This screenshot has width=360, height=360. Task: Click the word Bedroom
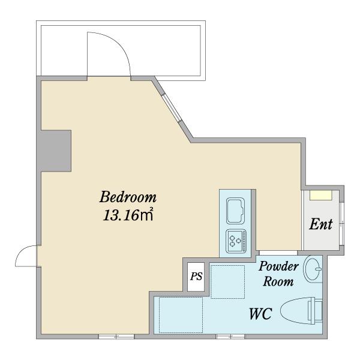pyautogui.click(x=128, y=197)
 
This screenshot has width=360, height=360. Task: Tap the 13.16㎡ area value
pyautogui.click(x=128, y=215)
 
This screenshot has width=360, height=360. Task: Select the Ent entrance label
pyautogui.click(x=321, y=224)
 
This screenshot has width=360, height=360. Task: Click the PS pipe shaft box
pyautogui.click(x=196, y=277)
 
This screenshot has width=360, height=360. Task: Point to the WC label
pyautogui.click(x=261, y=314)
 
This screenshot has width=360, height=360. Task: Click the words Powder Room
pyautogui.click(x=278, y=274)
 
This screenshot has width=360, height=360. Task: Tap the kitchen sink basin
pyautogui.click(x=235, y=211)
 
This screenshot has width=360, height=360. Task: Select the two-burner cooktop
pyautogui.click(x=236, y=241)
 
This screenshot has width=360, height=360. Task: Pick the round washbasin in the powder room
pyautogui.click(x=313, y=269)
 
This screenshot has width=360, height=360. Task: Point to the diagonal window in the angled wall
pyautogui.click(x=172, y=107)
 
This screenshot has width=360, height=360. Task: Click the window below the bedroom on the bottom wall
pyautogui.click(x=116, y=337)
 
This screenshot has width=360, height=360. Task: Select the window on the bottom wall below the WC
pyautogui.click(x=230, y=337)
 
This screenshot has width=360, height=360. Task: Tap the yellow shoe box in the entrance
pyautogui.click(x=320, y=195)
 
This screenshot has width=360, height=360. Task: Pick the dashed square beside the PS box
pyautogui.click(x=227, y=282)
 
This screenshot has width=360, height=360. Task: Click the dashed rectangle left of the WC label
pyautogui.click(x=181, y=315)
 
